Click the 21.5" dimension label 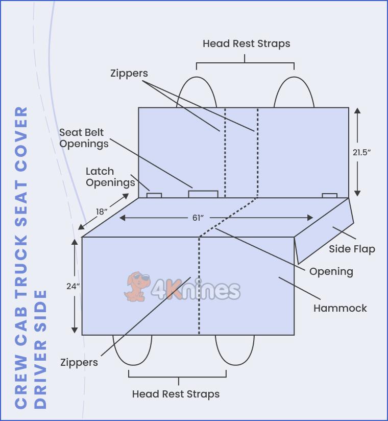tap(361, 152)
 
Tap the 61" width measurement tap(198, 218)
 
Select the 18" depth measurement tap(102, 212)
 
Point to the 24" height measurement tap(73, 286)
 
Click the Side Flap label tap(352, 249)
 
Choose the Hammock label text tap(340, 308)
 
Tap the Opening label tap(331, 271)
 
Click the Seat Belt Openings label tap(84, 138)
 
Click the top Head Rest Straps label tap(246, 43)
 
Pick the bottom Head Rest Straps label tap(176, 394)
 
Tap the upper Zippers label tap(129, 73)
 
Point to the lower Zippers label tap(79, 362)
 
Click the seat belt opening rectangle tap(203, 194)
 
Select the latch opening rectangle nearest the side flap tap(329, 195)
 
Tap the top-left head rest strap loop tap(196, 92)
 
